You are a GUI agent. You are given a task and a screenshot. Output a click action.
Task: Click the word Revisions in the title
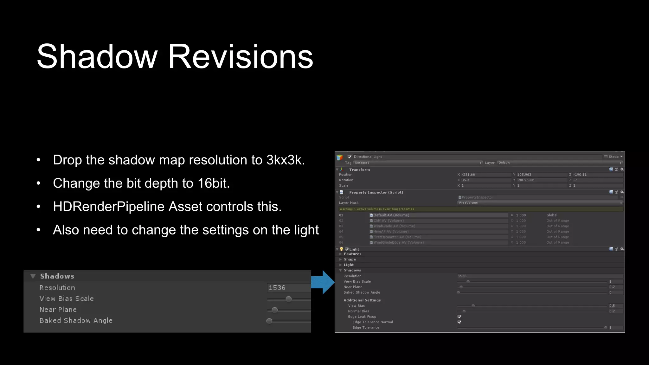pos(241,57)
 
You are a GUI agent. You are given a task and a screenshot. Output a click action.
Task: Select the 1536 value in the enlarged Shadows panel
pos(277,288)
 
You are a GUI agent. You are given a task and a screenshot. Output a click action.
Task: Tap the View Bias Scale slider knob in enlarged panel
pos(288,299)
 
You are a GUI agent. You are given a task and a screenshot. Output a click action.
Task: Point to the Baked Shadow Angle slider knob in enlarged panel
pos(269,321)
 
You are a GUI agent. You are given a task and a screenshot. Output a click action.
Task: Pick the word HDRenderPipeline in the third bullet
pos(109,207)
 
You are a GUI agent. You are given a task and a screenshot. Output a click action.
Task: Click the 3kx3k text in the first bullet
pos(285,160)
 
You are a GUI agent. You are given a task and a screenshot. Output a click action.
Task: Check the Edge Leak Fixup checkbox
pos(459,317)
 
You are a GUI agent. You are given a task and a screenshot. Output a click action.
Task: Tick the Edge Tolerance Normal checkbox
pos(459,322)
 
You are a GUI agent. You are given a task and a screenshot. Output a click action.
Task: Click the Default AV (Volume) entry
pos(391,215)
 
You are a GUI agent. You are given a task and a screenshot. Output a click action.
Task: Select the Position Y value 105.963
pos(524,175)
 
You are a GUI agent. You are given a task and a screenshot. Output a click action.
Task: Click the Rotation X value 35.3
pos(465,180)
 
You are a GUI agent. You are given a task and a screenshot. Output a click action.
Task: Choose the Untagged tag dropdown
pos(417,163)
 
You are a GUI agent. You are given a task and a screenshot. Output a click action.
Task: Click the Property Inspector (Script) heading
pos(376,192)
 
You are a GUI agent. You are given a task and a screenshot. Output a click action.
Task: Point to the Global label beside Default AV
pos(552,215)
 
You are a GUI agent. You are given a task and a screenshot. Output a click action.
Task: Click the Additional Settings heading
pos(362,300)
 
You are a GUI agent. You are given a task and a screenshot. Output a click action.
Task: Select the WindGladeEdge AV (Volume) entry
pos(398,242)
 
